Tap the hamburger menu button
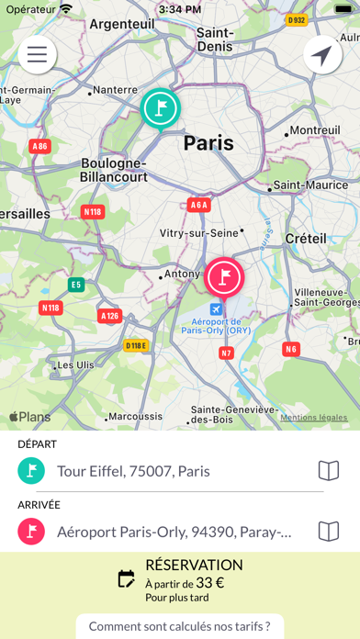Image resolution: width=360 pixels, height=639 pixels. click(x=37, y=54)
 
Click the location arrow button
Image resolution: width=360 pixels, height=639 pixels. click(x=322, y=55)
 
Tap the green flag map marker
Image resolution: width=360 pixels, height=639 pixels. click(x=161, y=108)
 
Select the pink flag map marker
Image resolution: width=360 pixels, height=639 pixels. click(x=223, y=276)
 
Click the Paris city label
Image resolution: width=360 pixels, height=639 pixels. click(x=208, y=143)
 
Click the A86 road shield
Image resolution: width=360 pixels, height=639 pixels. click(x=39, y=145)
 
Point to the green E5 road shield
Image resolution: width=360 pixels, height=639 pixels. click(x=76, y=284)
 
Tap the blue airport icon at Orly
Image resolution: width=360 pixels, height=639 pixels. click(x=216, y=308)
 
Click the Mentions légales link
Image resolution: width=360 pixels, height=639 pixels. click(x=314, y=417)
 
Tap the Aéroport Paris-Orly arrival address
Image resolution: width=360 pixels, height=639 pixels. click(x=174, y=531)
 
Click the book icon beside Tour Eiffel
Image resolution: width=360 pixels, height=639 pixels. click(x=328, y=471)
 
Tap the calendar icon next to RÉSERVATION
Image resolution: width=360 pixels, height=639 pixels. click(x=127, y=578)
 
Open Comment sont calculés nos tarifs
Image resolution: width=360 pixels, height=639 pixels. click(x=180, y=626)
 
